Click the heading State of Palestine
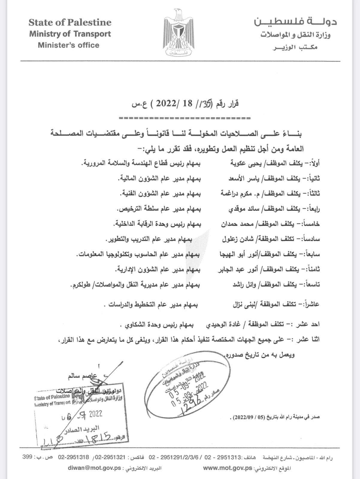70,22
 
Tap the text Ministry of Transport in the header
70,34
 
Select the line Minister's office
68,45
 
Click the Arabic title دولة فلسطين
296,22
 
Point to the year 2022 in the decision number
166,104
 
